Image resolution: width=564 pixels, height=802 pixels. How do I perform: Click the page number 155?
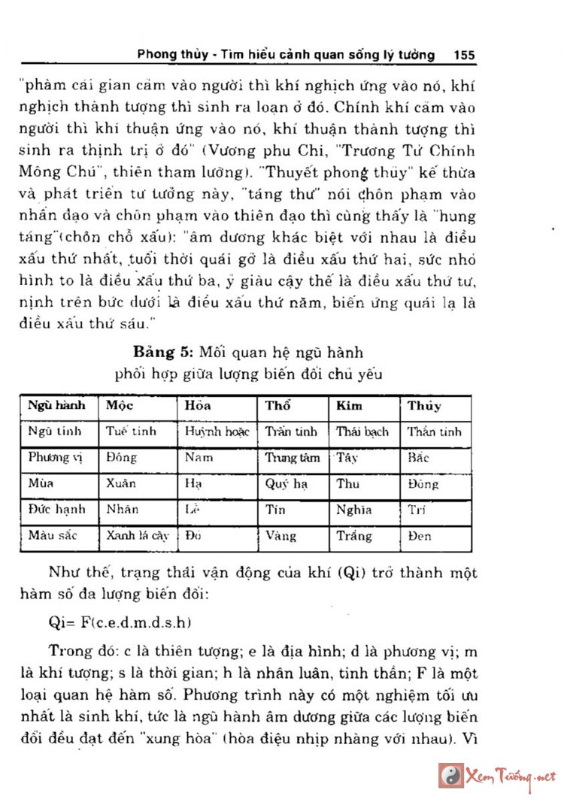464,55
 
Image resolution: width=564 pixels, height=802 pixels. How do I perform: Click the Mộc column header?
115,406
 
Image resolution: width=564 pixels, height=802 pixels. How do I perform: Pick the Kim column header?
349,406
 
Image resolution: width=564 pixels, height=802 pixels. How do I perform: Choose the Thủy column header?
424,406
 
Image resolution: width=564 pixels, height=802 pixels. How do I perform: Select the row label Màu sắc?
53,536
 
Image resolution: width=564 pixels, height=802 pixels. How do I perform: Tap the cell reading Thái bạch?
362,431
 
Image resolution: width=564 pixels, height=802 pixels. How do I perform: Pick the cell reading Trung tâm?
292,457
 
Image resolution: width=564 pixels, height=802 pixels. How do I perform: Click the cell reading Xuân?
122,483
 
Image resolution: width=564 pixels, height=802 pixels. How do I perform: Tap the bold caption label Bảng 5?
164,352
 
